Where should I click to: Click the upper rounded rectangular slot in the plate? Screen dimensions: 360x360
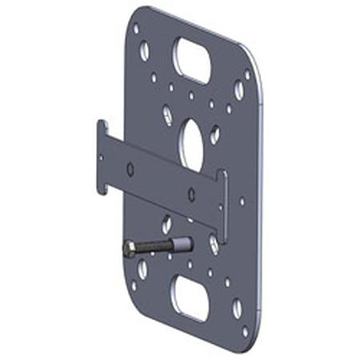tap(192, 59)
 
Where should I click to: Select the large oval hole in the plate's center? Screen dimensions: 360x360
tap(191, 143)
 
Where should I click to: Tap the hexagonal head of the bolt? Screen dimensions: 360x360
tap(130, 250)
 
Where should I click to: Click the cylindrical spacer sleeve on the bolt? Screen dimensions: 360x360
tap(181, 243)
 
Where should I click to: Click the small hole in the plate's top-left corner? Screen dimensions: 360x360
tap(136, 29)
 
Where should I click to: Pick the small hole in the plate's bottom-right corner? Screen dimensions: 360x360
tap(246, 330)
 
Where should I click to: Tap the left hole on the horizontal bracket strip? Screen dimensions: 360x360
tap(130, 169)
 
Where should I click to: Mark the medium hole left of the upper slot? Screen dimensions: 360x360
tap(144, 51)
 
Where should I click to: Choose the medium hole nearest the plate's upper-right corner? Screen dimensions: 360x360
tap(239, 89)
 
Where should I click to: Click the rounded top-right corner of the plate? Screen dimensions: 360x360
tap(253, 61)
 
